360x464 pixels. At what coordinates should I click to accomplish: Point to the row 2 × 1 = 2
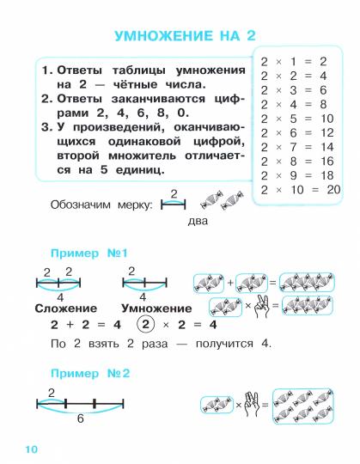(293, 61)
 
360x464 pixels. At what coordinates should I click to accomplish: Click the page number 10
(32, 449)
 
